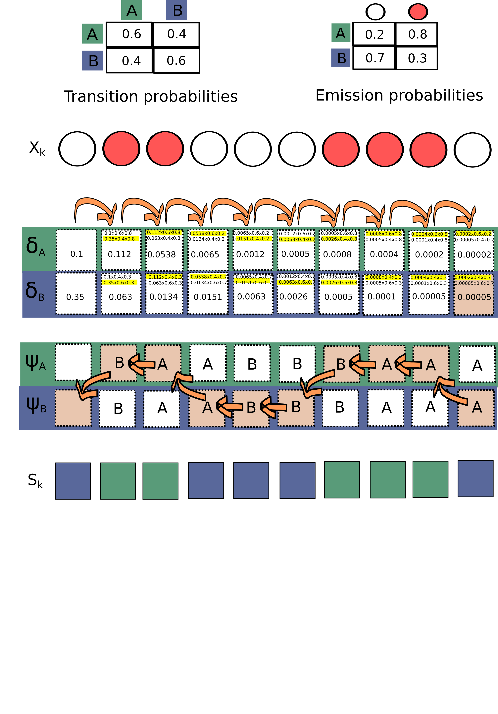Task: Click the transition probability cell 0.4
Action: (x=176, y=34)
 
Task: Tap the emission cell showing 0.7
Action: (x=374, y=58)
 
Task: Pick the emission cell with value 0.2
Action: (x=374, y=34)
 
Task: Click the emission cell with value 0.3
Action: (x=417, y=58)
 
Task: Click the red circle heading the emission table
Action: (x=418, y=12)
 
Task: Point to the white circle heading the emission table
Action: (x=375, y=12)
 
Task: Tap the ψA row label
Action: (x=35, y=363)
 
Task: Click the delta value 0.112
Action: (x=120, y=254)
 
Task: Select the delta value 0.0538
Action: (x=162, y=255)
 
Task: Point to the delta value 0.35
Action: (x=75, y=297)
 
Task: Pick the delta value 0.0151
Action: (x=208, y=297)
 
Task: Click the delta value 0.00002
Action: (x=474, y=255)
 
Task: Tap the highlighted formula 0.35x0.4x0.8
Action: (x=120, y=239)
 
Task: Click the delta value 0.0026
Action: (x=293, y=297)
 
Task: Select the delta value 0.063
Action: (x=120, y=297)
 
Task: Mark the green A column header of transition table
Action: (x=132, y=10)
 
